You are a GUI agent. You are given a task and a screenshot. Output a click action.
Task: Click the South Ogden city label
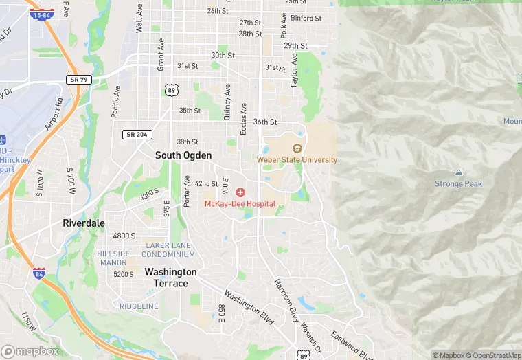tap(183, 155)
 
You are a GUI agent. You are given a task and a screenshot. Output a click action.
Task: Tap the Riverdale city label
tap(84, 223)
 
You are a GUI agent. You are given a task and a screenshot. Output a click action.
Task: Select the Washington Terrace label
tap(170, 278)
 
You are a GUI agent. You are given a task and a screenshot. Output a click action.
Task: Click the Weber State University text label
tap(297, 160)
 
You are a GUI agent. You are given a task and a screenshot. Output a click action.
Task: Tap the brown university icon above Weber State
tap(297, 148)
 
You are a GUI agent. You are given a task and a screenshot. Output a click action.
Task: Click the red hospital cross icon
tap(240, 192)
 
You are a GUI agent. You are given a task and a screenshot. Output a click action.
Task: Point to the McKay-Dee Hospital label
tap(240, 204)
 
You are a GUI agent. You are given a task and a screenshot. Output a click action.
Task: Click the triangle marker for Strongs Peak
tap(458, 172)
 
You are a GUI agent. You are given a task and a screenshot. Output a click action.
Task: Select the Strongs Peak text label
tap(458, 184)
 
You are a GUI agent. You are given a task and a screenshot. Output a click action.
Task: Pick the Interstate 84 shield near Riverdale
tap(39, 273)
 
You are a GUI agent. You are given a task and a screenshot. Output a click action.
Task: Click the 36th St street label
tap(264, 122)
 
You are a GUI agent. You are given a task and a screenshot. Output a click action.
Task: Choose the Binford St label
tap(306, 19)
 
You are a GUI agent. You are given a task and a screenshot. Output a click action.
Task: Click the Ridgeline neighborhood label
tap(139, 306)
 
